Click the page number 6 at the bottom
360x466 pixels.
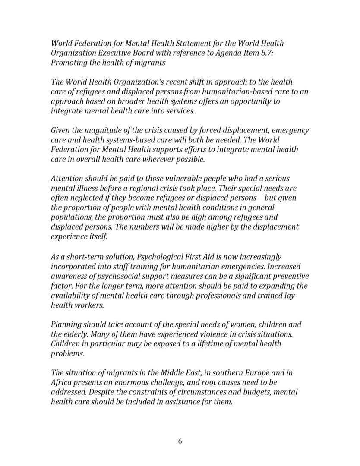(180, 441)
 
